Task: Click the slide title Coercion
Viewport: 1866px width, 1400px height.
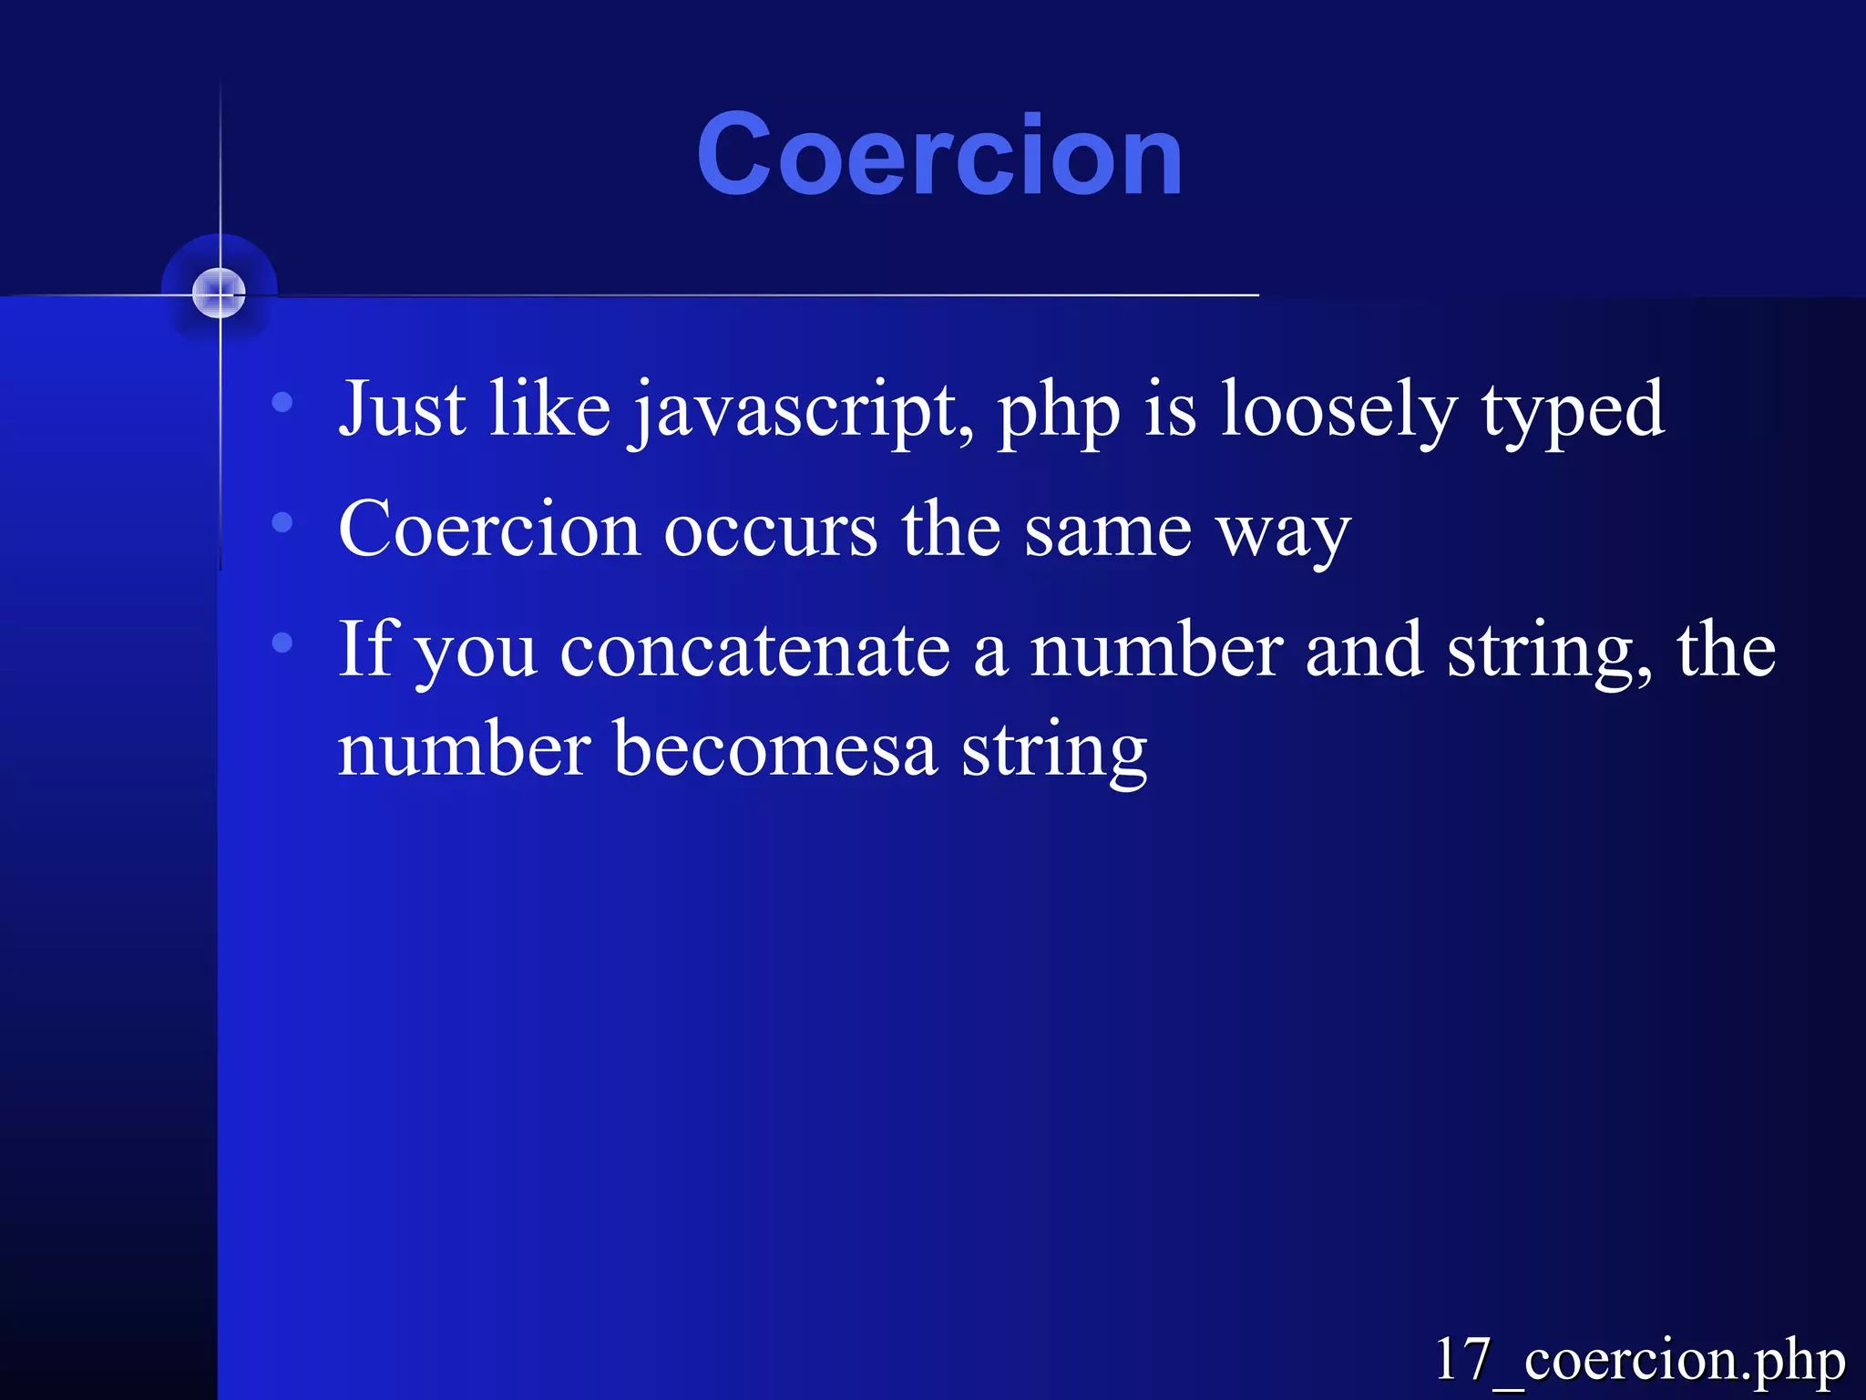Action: coord(939,154)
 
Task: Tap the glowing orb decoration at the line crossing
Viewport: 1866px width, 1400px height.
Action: coord(220,293)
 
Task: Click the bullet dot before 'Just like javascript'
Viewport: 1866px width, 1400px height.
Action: coord(282,402)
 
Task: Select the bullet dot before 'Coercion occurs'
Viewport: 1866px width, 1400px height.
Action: coord(282,522)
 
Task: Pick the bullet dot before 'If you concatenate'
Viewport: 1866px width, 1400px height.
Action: coord(282,643)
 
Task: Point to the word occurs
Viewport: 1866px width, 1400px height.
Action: coord(771,531)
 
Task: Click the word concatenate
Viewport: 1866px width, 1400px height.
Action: coord(755,652)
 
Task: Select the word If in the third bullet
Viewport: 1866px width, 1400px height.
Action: coord(368,648)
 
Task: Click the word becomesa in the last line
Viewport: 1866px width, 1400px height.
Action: coord(775,750)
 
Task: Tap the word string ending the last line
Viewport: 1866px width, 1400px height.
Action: coord(1054,752)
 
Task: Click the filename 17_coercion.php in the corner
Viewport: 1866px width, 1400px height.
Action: coord(1639,1359)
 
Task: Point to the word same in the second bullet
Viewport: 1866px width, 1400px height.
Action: coord(1108,531)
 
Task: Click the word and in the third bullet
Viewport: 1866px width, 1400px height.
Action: coord(1364,652)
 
